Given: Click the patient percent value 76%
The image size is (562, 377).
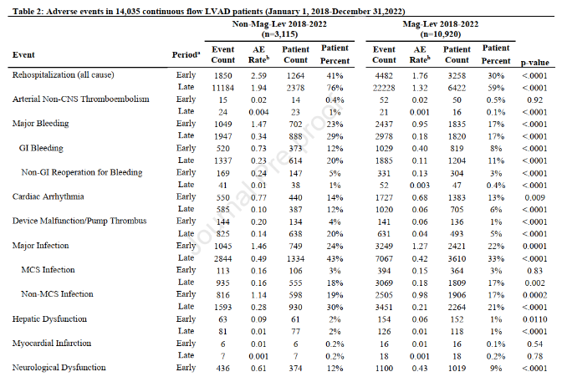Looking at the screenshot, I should point(335,87).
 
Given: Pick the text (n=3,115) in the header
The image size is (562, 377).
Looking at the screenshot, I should point(280,36).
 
